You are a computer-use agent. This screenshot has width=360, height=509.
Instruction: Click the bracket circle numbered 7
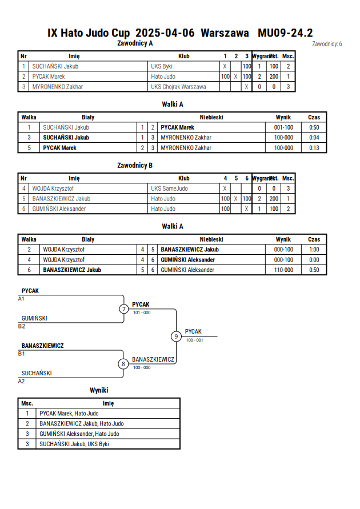click(x=123, y=308)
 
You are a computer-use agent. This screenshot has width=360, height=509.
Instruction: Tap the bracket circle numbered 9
click(x=176, y=336)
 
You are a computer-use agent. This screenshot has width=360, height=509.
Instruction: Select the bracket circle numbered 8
click(x=123, y=364)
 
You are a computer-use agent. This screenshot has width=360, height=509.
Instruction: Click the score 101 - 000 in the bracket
click(x=142, y=312)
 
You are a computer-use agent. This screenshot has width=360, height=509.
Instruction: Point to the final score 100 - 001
click(x=194, y=340)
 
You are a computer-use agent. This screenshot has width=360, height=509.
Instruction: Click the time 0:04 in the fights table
click(x=314, y=138)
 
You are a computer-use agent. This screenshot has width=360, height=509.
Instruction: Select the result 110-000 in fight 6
click(x=283, y=270)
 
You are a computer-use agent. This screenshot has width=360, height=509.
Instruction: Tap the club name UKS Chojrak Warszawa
click(x=178, y=87)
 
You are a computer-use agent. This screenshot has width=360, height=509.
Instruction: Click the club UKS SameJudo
click(x=169, y=189)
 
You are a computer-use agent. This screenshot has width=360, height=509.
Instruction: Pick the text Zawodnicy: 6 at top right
click(x=327, y=44)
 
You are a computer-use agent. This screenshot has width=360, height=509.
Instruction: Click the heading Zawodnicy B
click(x=135, y=165)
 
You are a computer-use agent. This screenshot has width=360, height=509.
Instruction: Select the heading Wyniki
click(x=99, y=390)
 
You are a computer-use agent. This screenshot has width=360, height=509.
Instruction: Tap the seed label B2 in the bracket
click(x=21, y=326)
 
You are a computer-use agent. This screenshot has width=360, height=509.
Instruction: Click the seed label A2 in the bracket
click(x=21, y=381)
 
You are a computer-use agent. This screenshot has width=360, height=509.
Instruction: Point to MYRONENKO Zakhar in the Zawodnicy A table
click(x=58, y=87)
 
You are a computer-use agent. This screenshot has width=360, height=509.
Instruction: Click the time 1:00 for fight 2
click(x=314, y=250)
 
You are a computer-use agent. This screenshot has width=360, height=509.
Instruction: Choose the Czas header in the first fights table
click(x=314, y=117)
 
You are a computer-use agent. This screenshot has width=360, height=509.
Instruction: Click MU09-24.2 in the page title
click(x=285, y=33)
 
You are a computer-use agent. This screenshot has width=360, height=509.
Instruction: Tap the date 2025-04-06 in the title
click(x=165, y=33)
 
